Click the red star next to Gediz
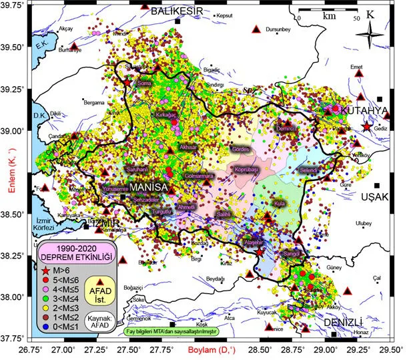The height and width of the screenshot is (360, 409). point(366,127)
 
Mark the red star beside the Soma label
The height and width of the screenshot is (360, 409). point(128,82)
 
